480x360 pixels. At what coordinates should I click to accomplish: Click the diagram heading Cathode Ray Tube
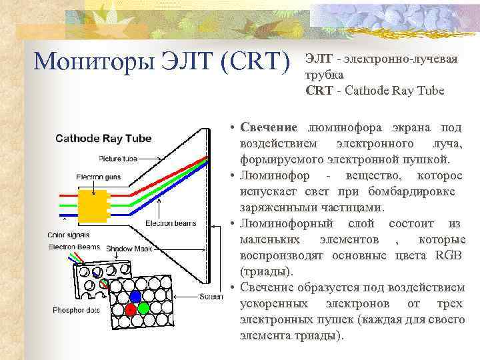103,139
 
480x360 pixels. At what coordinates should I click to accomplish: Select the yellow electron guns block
93,206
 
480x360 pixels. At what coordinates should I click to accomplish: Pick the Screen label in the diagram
211,296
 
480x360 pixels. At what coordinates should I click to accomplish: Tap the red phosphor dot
131,309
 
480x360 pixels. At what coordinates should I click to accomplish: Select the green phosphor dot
144,309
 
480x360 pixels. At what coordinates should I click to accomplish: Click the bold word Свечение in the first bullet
270,127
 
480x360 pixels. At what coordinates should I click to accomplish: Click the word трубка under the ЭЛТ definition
325,75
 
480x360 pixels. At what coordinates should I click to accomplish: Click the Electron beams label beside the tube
171,223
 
